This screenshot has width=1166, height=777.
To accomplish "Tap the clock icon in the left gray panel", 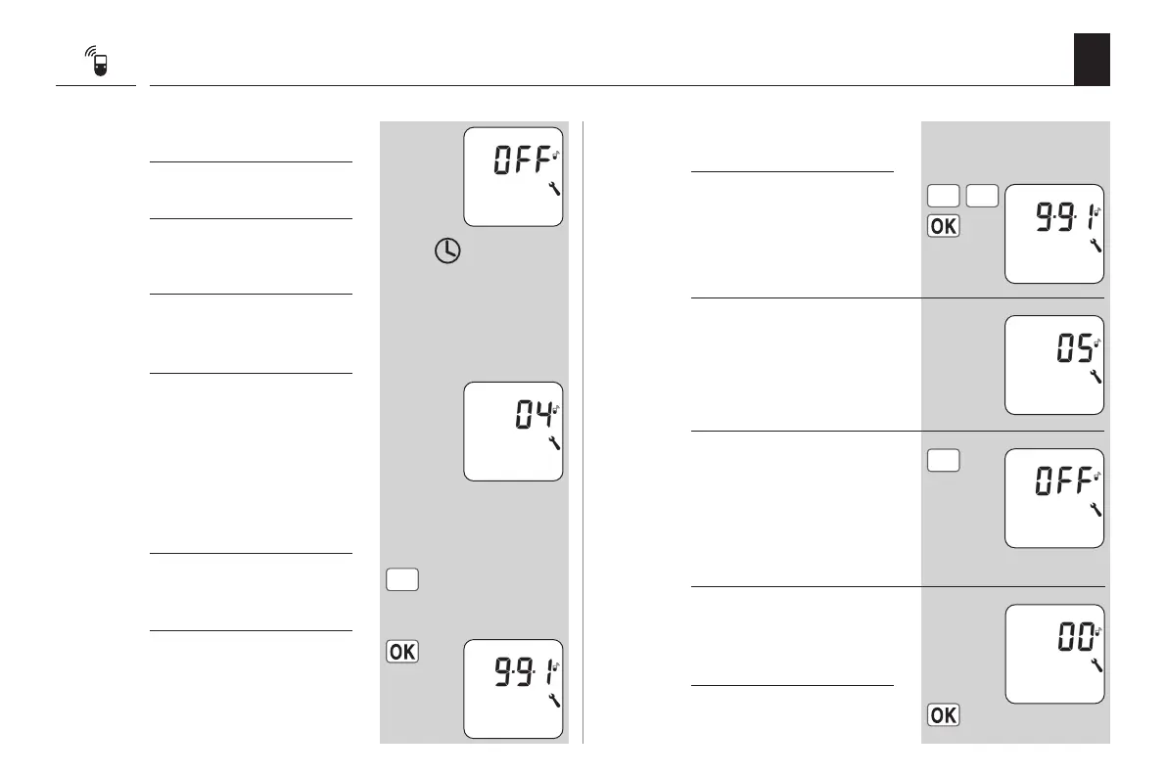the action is click(x=446, y=251).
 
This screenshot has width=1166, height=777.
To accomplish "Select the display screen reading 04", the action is click(x=513, y=431).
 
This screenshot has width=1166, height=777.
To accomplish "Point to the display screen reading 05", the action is click(x=1053, y=365).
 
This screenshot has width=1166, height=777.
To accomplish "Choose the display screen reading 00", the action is click(x=1053, y=653).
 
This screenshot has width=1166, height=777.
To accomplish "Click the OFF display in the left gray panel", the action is click(x=513, y=176).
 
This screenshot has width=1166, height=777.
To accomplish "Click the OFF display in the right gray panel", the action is click(x=1053, y=497).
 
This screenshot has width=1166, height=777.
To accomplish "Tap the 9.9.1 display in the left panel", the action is click(x=513, y=688).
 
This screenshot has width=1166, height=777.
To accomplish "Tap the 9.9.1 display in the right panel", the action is click(x=1053, y=233).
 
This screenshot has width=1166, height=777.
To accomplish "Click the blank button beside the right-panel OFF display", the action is click(x=943, y=460).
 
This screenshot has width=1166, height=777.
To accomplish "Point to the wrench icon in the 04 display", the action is click(x=554, y=444).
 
